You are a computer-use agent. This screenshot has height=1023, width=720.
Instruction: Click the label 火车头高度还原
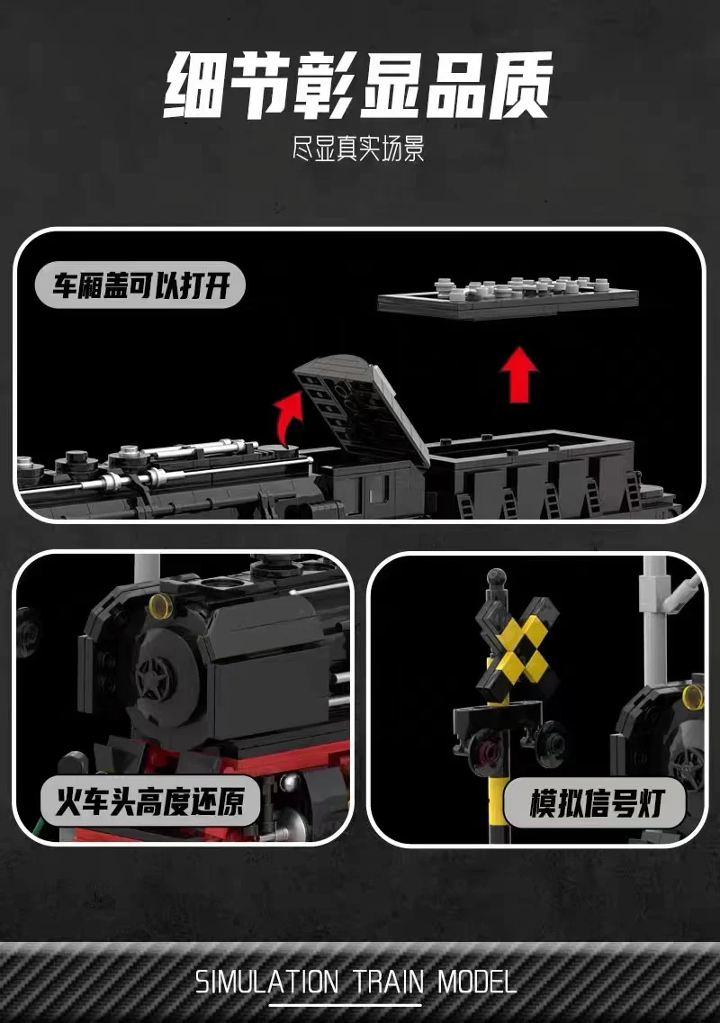pos(149,801)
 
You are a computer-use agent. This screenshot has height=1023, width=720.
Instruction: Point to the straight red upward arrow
pos(517,373)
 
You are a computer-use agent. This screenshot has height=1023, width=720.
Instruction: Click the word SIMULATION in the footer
pos(266,981)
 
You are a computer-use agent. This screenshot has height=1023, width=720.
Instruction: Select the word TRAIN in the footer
pos(387,981)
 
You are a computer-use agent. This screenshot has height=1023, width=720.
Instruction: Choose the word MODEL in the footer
pos(477,981)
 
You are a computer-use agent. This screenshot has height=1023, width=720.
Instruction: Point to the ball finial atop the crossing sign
pos(493,575)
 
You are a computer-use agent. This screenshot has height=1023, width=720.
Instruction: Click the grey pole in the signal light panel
pos(654,612)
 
